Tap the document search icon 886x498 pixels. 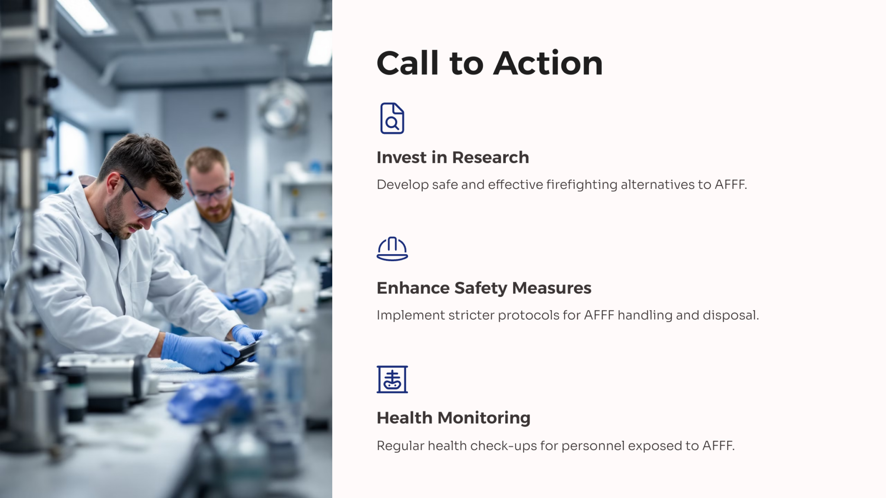(392, 118)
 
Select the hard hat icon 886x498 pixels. (392, 249)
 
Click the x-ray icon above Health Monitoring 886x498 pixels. (392, 379)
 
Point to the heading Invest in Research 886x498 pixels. (453, 157)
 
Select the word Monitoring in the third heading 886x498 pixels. (484, 418)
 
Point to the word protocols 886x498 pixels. (529, 315)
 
